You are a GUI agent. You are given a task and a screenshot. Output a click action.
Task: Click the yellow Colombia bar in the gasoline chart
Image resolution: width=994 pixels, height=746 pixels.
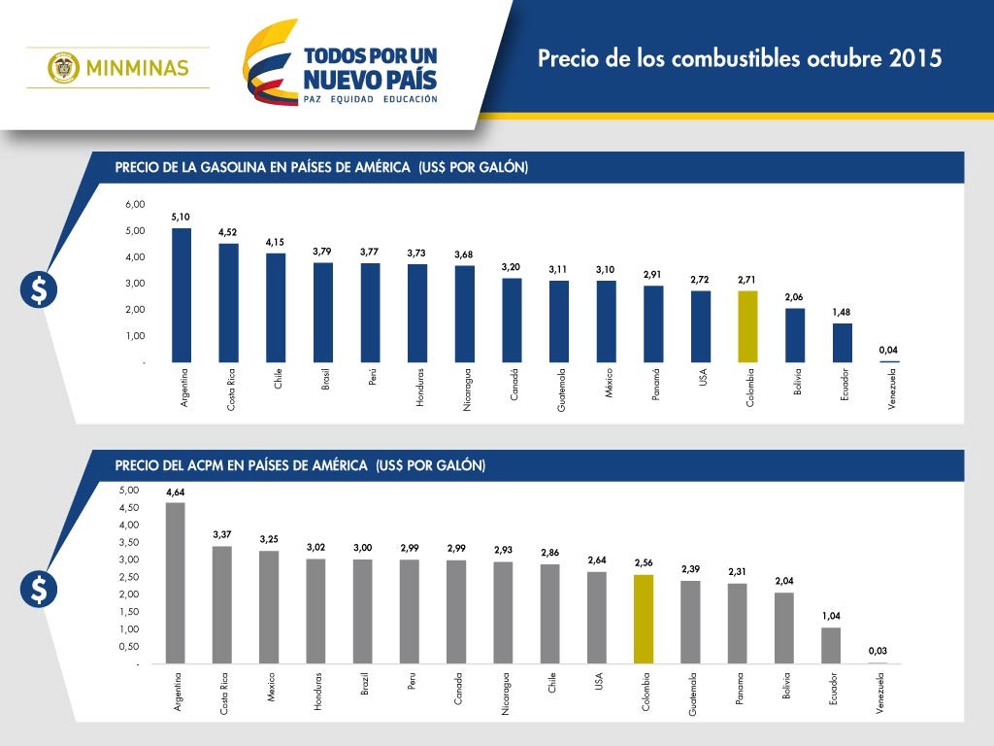(747, 326)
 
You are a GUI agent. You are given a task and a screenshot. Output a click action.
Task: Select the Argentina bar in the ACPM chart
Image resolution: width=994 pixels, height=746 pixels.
(175, 583)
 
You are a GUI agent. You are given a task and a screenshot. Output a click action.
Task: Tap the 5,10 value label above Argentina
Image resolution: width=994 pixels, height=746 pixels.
(181, 217)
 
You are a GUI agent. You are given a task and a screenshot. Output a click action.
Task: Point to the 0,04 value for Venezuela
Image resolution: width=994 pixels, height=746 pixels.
(888, 350)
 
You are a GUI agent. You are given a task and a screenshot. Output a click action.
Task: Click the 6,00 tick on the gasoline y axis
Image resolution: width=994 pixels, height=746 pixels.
(135, 204)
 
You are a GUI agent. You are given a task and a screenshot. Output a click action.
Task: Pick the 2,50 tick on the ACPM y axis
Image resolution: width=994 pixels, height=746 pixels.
(129, 577)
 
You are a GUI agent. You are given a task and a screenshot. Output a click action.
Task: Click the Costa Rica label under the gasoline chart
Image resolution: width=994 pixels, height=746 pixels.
(231, 390)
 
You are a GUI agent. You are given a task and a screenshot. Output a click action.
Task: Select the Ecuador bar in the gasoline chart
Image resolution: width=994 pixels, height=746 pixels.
(842, 343)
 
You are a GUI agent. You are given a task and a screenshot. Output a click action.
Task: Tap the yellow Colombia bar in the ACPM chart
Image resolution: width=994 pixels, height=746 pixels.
(644, 619)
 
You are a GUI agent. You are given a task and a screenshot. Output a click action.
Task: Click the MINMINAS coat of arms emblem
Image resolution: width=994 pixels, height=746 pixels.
(63, 67)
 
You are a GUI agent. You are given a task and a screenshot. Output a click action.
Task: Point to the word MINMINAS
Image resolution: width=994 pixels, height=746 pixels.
(138, 68)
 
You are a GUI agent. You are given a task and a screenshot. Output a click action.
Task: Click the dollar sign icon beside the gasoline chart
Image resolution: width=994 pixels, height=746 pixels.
(39, 289)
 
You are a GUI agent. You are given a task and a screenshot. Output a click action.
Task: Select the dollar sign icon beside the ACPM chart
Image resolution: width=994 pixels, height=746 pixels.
(39, 590)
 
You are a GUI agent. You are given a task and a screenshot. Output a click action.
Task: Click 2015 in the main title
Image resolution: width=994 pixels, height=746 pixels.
(915, 58)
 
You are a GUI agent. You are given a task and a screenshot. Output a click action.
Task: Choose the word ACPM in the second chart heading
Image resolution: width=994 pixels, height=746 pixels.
(206, 465)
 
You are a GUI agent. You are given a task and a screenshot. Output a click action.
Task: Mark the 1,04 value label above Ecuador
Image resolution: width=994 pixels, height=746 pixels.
(831, 616)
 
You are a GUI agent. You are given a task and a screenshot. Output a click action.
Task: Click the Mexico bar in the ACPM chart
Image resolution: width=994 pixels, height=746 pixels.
(269, 607)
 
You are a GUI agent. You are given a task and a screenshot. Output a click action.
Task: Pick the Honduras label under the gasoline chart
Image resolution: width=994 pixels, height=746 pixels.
(419, 387)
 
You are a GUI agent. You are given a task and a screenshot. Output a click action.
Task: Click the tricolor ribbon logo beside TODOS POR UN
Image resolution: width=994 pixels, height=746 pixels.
(271, 62)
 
